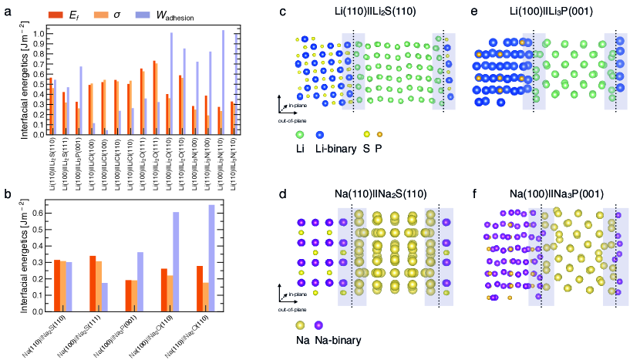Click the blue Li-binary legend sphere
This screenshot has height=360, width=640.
click(x=320, y=134)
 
